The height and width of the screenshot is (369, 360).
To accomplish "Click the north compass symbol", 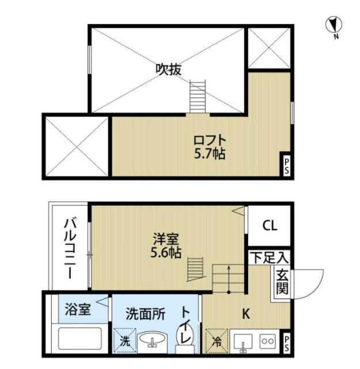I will [x=333, y=25].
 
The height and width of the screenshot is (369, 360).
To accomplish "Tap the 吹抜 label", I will [x=169, y=70].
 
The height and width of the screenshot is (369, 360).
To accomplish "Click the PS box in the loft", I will [x=286, y=165].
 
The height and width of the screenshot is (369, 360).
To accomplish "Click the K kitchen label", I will [x=245, y=314].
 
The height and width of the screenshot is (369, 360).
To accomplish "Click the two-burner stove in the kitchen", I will [x=268, y=340].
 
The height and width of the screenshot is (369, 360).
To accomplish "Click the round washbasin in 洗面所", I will [x=152, y=340].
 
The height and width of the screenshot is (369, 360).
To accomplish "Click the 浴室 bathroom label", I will [x=77, y=310].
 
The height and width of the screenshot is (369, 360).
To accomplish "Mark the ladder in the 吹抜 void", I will [x=197, y=95].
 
